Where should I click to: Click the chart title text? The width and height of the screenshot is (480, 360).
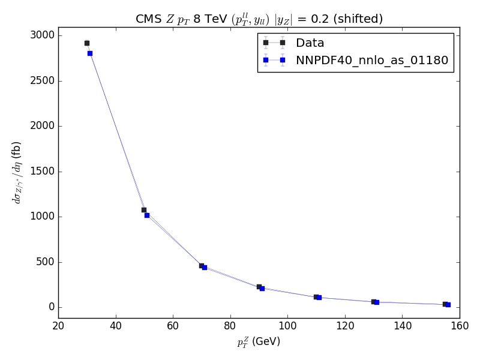(259, 19)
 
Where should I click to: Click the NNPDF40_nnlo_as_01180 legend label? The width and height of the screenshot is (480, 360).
(371, 60)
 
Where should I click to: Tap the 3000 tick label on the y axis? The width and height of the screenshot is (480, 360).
(41, 35)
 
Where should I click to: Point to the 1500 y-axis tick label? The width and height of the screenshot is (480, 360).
(41, 172)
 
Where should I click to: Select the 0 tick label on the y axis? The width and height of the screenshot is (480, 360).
(51, 307)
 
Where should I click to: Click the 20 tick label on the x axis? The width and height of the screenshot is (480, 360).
(58, 326)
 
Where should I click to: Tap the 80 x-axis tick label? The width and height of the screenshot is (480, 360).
(230, 326)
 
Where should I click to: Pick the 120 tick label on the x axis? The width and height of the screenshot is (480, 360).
(344, 326)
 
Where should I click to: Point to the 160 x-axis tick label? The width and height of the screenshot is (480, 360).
(459, 326)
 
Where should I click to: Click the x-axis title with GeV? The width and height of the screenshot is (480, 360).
(259, 341)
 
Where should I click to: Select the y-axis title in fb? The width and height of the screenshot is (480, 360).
(17, 172)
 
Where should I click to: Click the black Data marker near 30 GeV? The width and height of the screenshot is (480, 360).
(87, 43)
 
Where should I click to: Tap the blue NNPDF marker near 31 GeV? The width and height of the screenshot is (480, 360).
(90, 53)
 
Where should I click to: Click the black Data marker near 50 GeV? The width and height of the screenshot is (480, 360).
(144, 210)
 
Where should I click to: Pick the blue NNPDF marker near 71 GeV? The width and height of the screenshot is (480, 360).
(205, 268)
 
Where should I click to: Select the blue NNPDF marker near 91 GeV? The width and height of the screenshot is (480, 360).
(262, 289)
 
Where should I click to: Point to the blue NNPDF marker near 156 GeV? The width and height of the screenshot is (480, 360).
(448, 305)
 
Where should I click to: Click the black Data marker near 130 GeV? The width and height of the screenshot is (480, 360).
(373, 302)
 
